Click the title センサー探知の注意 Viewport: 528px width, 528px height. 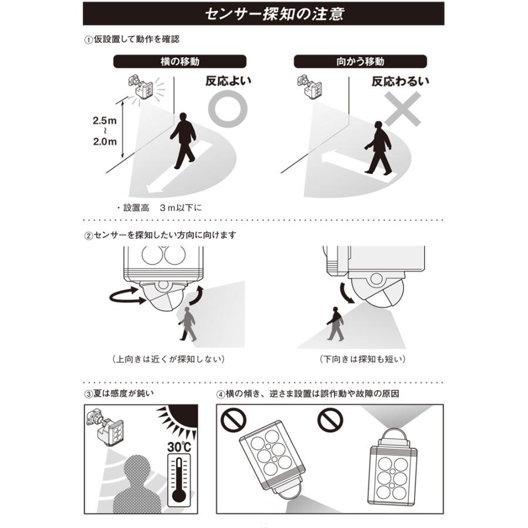(275, 14)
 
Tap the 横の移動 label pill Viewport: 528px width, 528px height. (180, 62)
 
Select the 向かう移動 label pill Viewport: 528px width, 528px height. (360, 62)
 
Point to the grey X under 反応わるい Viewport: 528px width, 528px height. (402, 109)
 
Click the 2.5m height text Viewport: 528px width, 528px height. (105, 120)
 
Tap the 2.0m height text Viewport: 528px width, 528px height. (105, 141)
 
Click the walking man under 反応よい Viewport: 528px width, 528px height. (184, 140)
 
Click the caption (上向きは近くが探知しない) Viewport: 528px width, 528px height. (168, 359)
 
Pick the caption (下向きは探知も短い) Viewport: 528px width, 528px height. (363, 359)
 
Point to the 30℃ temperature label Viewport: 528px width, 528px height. (179, 447)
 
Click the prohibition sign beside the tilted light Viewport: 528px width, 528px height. (233, 419)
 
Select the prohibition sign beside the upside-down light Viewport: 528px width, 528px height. (330, 419)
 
